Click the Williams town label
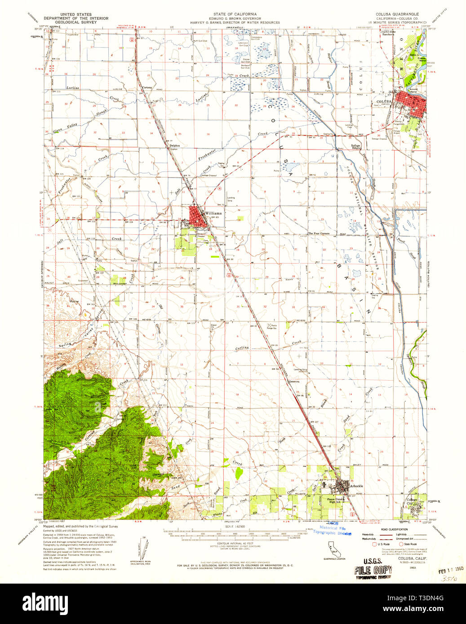coord(213,213)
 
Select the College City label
coord(412,501)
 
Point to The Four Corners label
coord(319,233)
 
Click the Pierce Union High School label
coord(336,500)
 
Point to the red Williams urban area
coord(196,214)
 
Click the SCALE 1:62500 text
coord(232,527)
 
